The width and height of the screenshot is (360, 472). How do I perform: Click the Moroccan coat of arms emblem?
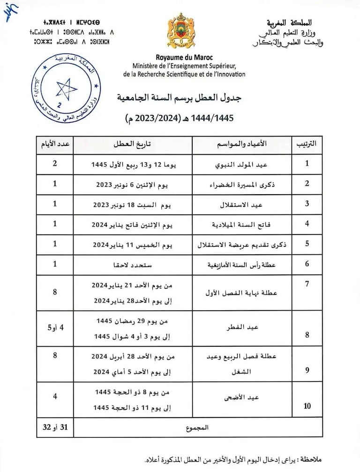click(181, 33)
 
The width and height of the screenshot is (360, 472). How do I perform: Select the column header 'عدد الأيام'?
click(55, 145)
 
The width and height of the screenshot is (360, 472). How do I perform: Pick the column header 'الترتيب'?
click(307, 145)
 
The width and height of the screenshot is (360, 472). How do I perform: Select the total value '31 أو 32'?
click(55, 427)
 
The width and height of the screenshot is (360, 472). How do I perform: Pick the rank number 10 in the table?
click(307, 406)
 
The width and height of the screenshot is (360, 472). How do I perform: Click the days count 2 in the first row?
click(55, 164)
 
